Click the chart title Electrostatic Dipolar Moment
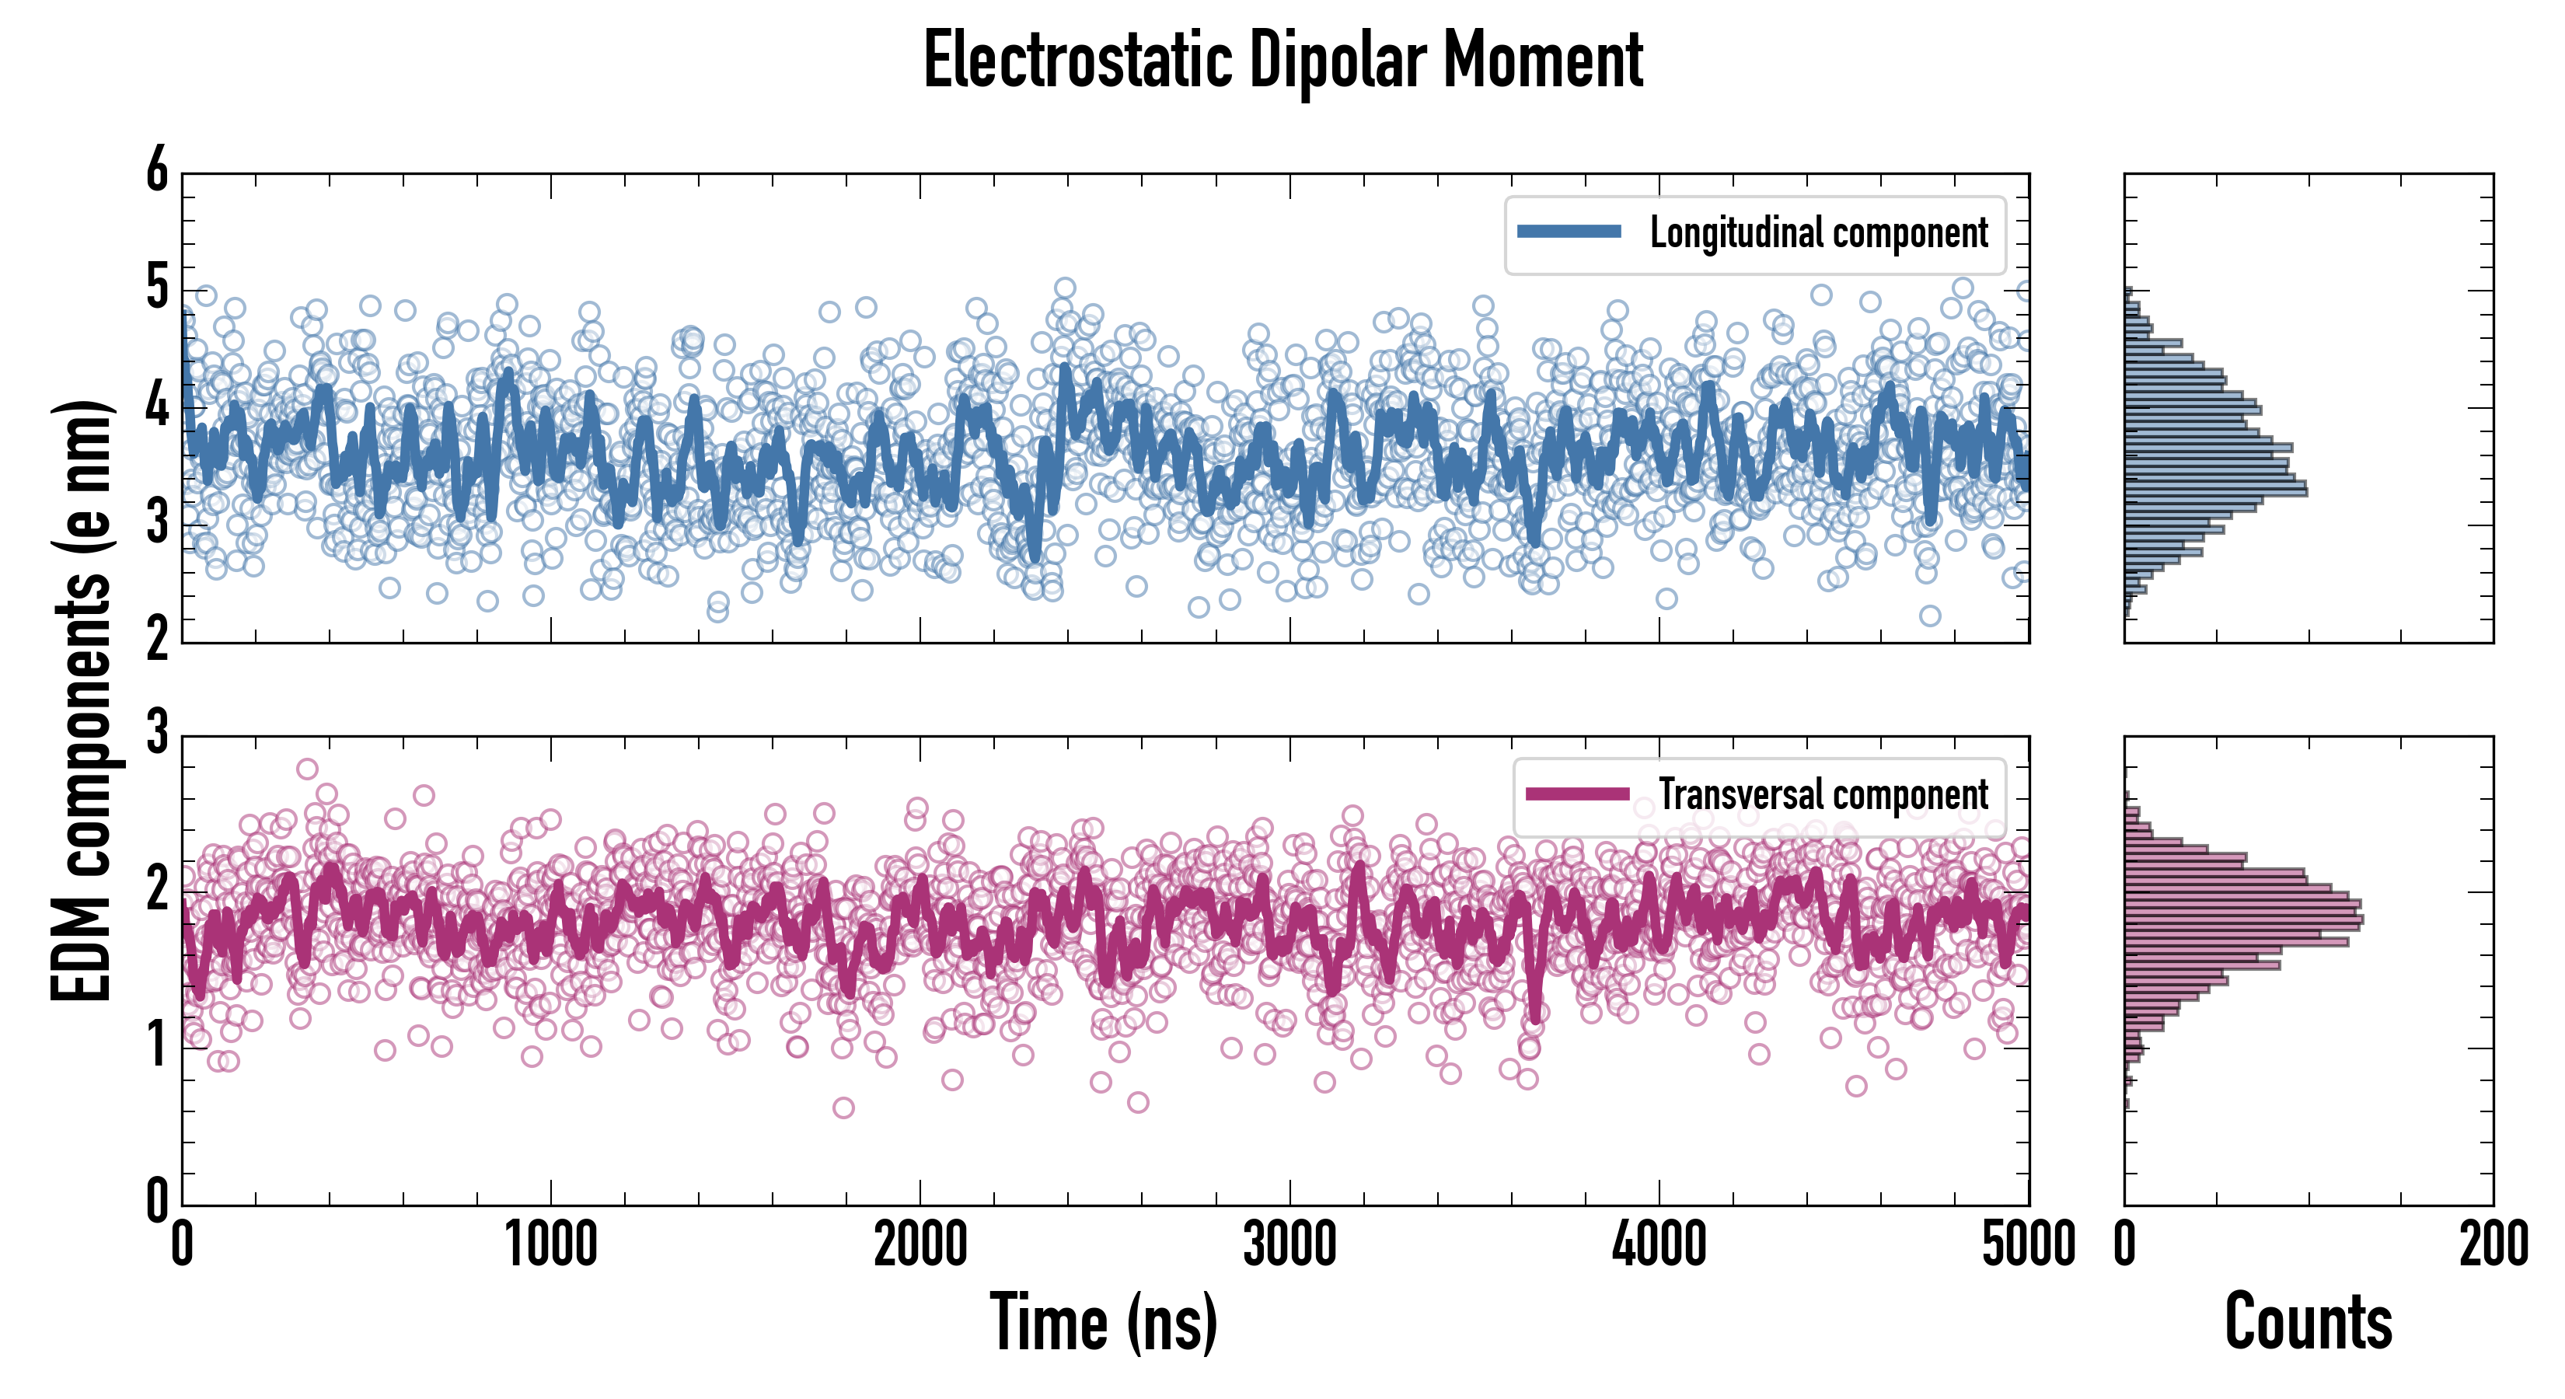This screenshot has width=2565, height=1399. click(1282, 61)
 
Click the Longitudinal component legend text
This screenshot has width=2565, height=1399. click(1818, 233)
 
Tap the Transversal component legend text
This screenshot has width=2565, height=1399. click(1822, 794)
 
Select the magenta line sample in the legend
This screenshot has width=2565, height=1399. click(1577, 794)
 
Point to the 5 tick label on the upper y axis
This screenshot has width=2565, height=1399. click(157, 289)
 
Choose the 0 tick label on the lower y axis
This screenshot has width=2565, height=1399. click(157, 1201)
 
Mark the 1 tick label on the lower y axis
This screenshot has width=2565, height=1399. click(157, 1046)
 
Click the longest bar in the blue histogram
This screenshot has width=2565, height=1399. click(2215, 490)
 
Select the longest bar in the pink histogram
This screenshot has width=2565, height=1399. click(2243, 918)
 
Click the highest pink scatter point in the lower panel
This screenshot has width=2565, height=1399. click(307, 769)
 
